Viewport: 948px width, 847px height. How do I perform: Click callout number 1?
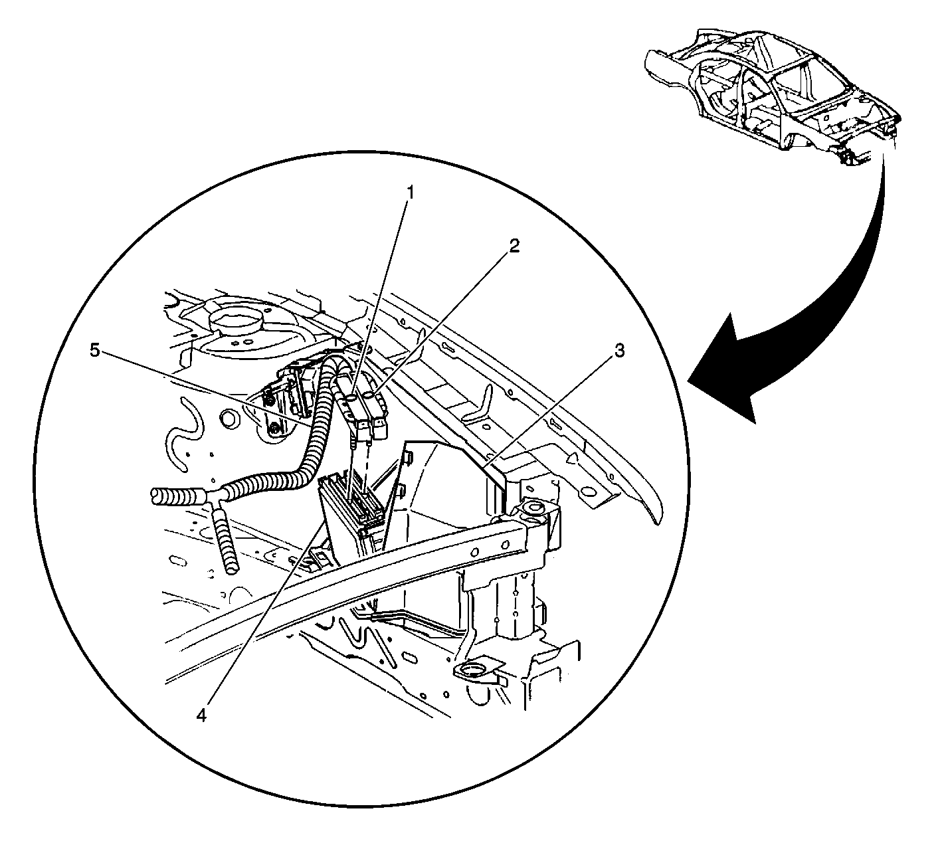click(410, 193)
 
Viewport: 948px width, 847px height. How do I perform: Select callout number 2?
click(514, 246)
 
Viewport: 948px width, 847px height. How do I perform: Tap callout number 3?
click(620, 351)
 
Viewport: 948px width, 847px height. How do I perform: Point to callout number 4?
click(201, 715)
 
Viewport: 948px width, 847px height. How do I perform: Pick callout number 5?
click(96, 351)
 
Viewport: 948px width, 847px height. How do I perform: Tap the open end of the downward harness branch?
click(231, 569)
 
